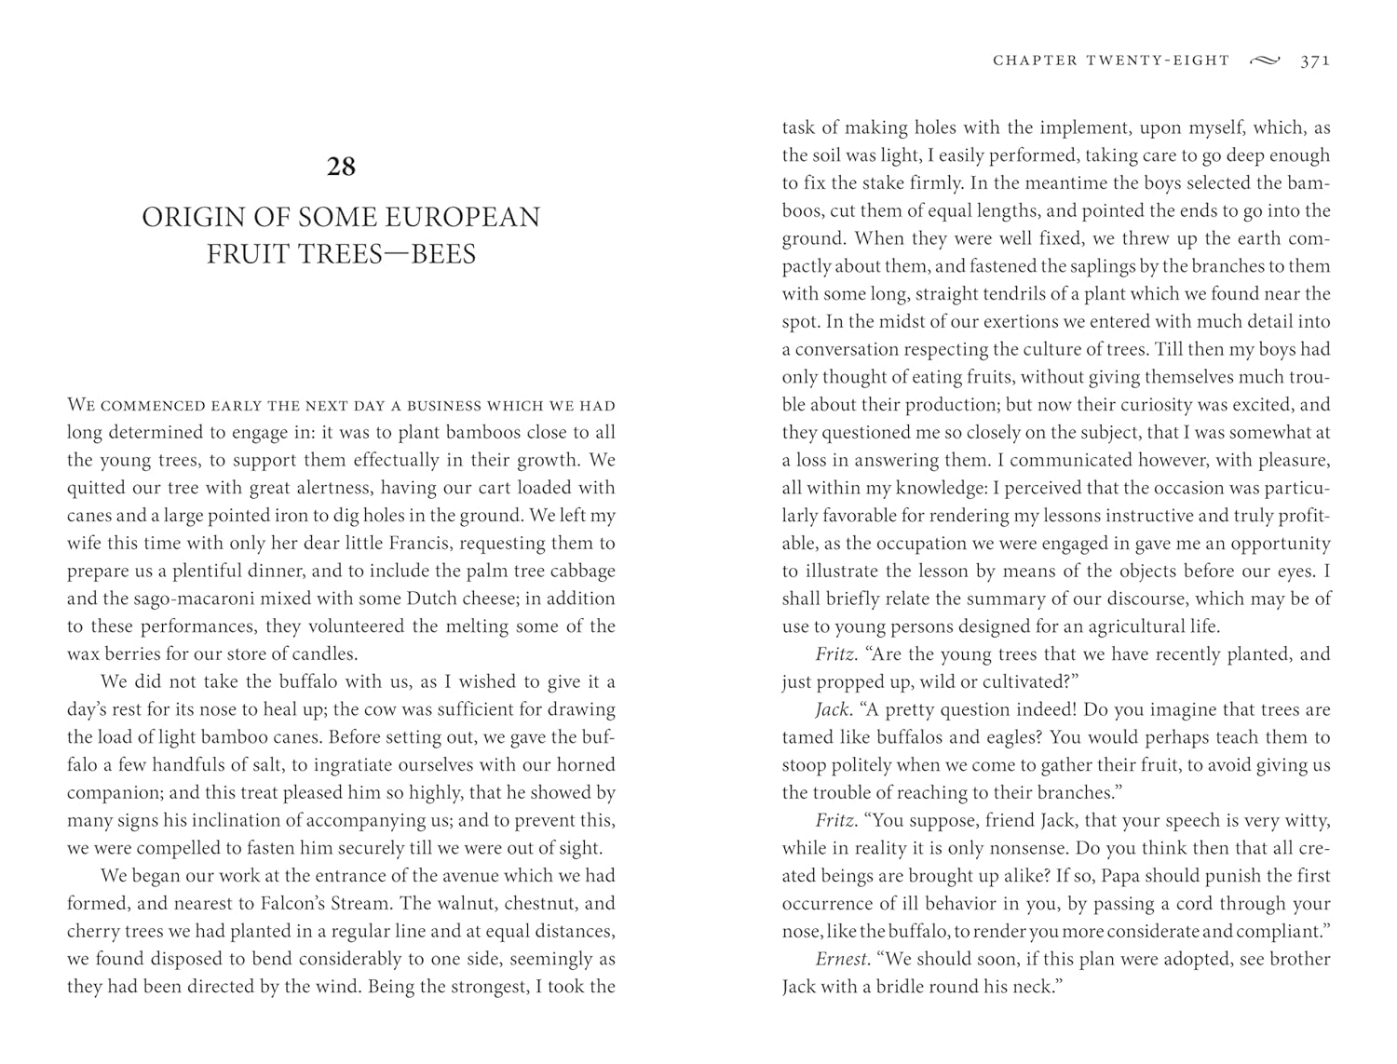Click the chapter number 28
tap(341, 167)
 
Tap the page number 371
tap(1315, 61)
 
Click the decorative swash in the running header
tap(1265, 61)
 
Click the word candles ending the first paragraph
tap(323, 653)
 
